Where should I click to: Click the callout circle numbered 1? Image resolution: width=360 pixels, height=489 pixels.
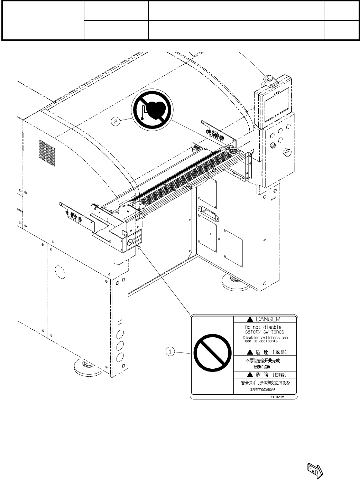169,351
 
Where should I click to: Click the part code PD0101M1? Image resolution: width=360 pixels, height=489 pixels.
279,397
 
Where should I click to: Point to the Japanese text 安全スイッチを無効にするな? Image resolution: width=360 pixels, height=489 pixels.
265,383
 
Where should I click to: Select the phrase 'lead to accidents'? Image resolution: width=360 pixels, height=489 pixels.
260,341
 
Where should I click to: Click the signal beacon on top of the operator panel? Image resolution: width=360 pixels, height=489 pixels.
269,80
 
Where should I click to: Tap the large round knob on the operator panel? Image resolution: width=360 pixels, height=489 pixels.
287,152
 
